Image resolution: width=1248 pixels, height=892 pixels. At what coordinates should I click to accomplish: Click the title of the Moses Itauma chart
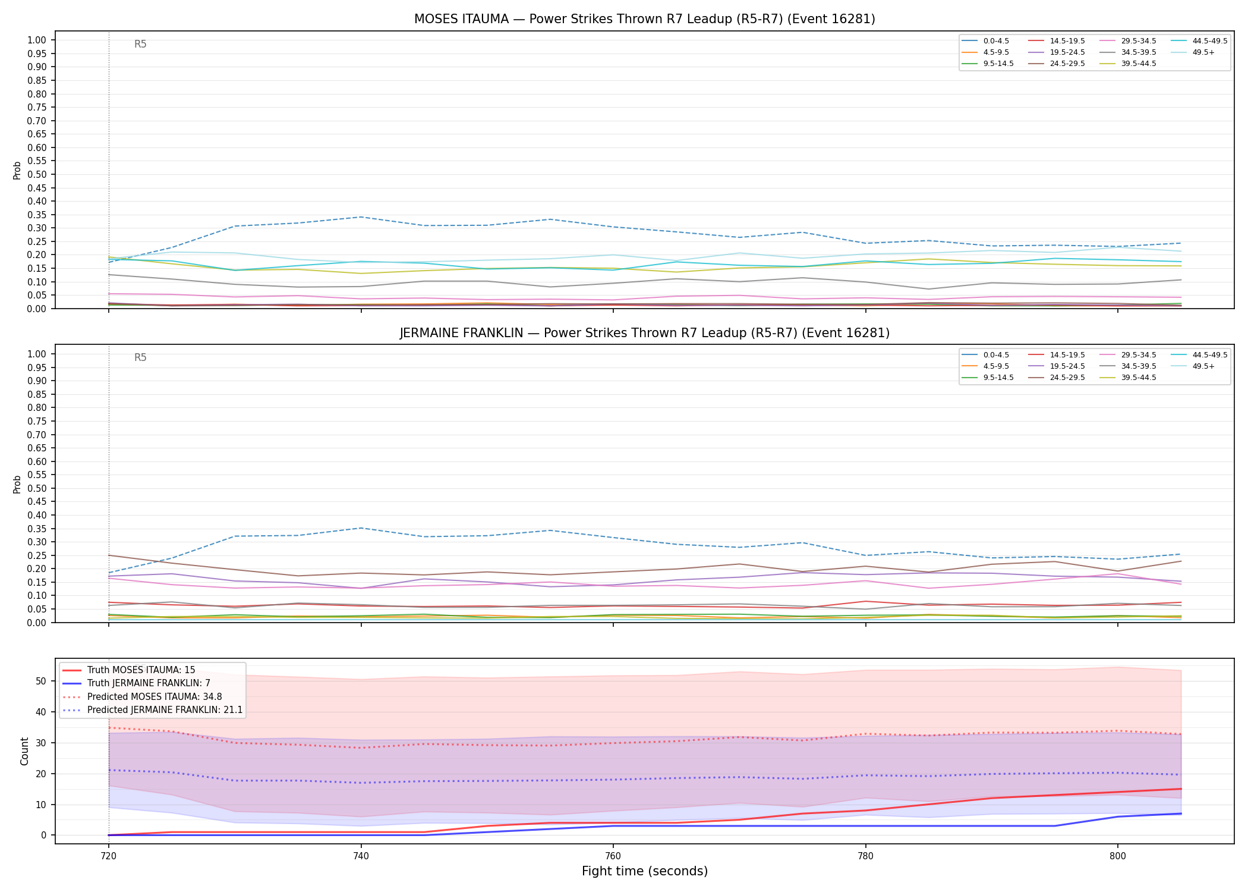point(645,19)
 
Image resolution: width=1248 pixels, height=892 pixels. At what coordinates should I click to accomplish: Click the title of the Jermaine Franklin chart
point(645,333)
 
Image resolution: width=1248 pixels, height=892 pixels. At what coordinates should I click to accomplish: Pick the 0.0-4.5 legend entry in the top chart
point(986,41)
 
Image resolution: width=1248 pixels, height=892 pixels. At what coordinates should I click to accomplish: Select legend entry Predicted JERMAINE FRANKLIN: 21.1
point(152,710)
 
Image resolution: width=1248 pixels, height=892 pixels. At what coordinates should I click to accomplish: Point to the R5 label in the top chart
point(140,44)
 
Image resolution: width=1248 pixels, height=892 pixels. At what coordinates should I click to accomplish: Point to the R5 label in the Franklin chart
point(140,357)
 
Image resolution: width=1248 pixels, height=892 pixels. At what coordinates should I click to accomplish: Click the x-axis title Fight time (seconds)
point(645,872)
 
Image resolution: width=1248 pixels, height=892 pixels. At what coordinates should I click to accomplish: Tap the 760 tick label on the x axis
point(613,856)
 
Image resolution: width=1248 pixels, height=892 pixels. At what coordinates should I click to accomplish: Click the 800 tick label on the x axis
point(1118,856)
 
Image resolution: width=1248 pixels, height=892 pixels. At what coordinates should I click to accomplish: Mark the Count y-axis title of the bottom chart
point(24,751)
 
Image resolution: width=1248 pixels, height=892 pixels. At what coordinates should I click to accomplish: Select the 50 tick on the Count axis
point(41,681)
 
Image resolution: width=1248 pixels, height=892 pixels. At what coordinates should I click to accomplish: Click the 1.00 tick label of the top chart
point(37,40)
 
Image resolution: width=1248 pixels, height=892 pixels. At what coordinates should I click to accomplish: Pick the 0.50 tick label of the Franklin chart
point(37,488)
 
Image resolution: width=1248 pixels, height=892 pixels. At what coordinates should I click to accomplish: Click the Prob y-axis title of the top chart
point(17,170)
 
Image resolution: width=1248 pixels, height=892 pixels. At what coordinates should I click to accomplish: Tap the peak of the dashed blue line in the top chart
point(361,217)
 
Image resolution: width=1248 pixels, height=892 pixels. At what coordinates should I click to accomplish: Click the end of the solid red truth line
point(1181,789)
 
